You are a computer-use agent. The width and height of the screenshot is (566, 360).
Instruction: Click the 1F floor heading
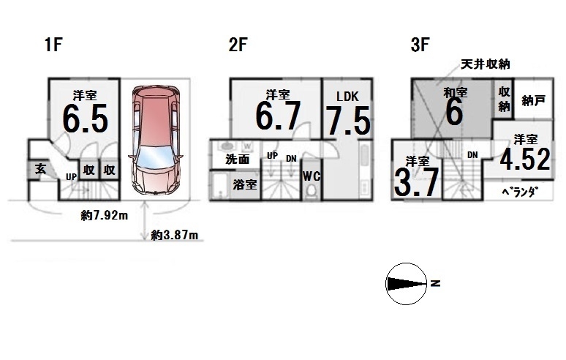click(54, 45)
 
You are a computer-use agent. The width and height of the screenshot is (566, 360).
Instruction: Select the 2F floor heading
click(238, 45)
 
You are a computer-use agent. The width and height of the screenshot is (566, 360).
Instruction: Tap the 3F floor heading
click(420, 45)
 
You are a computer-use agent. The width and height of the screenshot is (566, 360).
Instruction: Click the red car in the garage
click(156, 140)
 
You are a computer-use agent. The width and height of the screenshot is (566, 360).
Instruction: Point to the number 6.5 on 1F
click(86, 118)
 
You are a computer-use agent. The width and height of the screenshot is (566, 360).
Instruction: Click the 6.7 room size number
click(278, 116)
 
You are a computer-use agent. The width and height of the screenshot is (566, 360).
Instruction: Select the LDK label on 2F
click(347, 97)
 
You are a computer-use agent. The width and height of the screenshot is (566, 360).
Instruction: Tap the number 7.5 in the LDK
click(348, 121)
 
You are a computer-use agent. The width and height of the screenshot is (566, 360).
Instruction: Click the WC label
click(312, 176)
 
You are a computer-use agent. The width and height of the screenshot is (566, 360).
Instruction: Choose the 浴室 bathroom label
click(245, 184)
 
